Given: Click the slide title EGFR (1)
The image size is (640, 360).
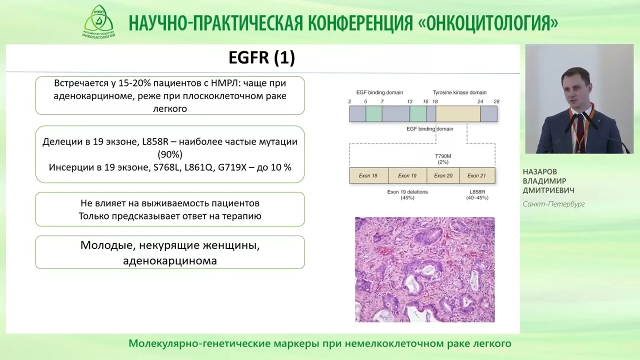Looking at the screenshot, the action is [261, 57].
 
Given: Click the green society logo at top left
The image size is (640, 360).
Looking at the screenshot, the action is [99, 21].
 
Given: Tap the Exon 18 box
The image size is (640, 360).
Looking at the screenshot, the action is [368, 175].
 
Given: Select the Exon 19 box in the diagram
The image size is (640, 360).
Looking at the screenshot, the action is [407, 175].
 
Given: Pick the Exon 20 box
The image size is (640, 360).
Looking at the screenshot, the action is [443, 175].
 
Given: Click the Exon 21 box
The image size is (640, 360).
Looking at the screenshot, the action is [477, 175].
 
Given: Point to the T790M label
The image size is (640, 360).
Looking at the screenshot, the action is [443, 156].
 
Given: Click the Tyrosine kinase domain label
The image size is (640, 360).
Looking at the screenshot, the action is [459, 92].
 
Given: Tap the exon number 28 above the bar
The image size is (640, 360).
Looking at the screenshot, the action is [496, 101].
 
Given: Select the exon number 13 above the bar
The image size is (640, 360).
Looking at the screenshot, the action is [409, 101].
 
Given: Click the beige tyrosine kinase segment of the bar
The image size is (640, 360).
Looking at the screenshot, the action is [458, 113].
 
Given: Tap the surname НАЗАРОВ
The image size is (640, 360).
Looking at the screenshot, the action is [539, 171].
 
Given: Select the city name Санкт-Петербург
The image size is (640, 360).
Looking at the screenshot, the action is [553, 204].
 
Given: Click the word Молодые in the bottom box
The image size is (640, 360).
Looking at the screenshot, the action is [108, 245].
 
